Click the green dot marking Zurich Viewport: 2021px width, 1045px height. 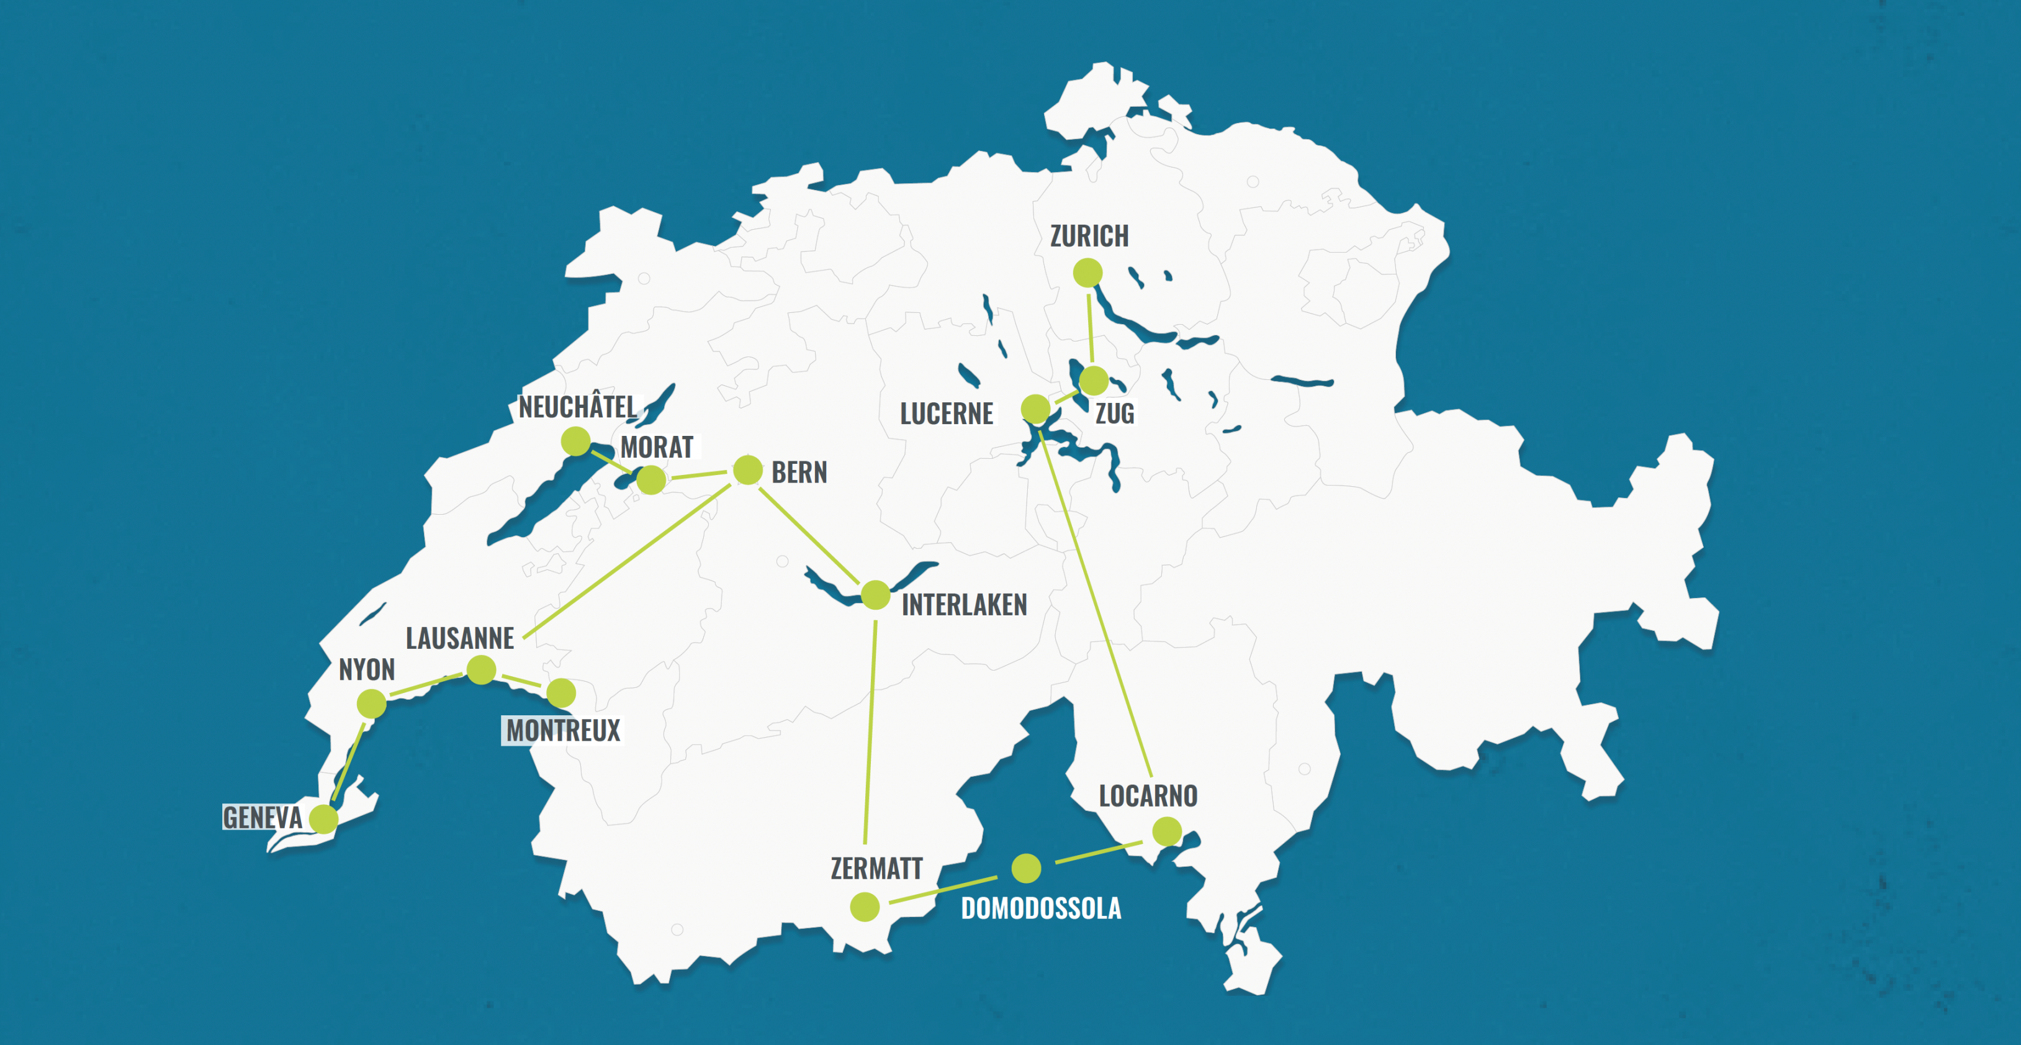point(1087,273)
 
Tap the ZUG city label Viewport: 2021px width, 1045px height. point(1115,414)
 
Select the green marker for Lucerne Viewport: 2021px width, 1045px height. point(1035,409)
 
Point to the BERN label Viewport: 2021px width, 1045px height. point(799,473)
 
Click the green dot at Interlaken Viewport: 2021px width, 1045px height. point(876,595)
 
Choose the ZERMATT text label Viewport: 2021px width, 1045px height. point(876,869)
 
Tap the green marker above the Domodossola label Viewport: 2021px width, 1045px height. point(1026,867)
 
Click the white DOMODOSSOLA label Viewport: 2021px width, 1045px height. point(1041,908)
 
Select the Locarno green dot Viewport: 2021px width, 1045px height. point(1167,831)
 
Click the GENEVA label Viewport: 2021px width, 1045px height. point(262,818)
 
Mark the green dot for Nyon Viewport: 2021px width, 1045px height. point(371,703)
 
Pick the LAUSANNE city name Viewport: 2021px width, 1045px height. point(460,638)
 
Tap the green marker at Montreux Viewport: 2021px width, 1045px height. point(561,693)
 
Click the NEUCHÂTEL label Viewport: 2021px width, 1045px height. point(577,407)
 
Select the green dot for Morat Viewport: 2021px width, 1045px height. point(651,479)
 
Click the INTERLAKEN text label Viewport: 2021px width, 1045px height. point(964,605)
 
